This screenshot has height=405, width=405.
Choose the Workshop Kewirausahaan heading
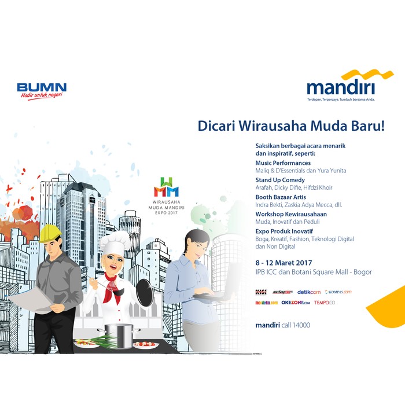point(291,214)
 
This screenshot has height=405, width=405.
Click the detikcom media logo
point(308,292)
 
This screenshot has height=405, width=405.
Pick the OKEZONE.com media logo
point(296,303)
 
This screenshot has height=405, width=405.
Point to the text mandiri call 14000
point(283,325)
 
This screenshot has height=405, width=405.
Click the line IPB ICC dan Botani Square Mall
point(313,272)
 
